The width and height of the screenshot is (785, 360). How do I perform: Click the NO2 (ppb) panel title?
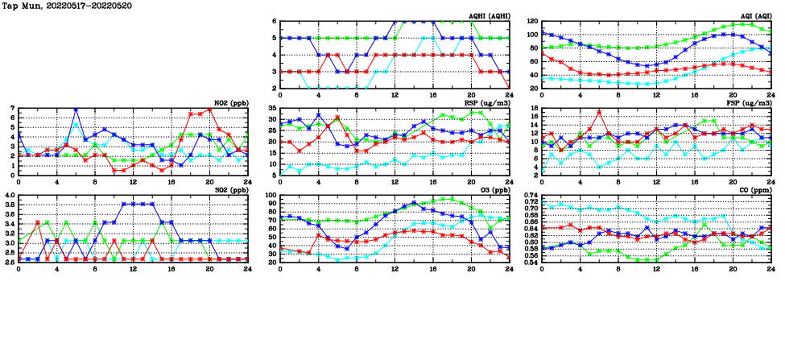[229, 103]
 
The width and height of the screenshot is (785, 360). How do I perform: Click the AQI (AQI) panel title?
[753, 15]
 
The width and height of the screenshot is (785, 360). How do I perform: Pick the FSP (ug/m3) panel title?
[745, 103]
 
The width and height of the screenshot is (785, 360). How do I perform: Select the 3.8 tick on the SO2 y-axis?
[10, 205]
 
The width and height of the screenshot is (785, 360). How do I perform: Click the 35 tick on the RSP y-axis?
[271, 108]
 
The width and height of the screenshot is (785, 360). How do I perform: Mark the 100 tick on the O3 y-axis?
[270, 195]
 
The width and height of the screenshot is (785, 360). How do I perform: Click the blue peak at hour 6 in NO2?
[76, 109]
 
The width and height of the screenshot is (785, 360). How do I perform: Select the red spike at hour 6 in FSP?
[599, 111]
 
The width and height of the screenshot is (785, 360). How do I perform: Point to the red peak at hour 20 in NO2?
[209, 110]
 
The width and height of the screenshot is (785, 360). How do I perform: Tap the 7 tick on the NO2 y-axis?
[12, 108]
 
